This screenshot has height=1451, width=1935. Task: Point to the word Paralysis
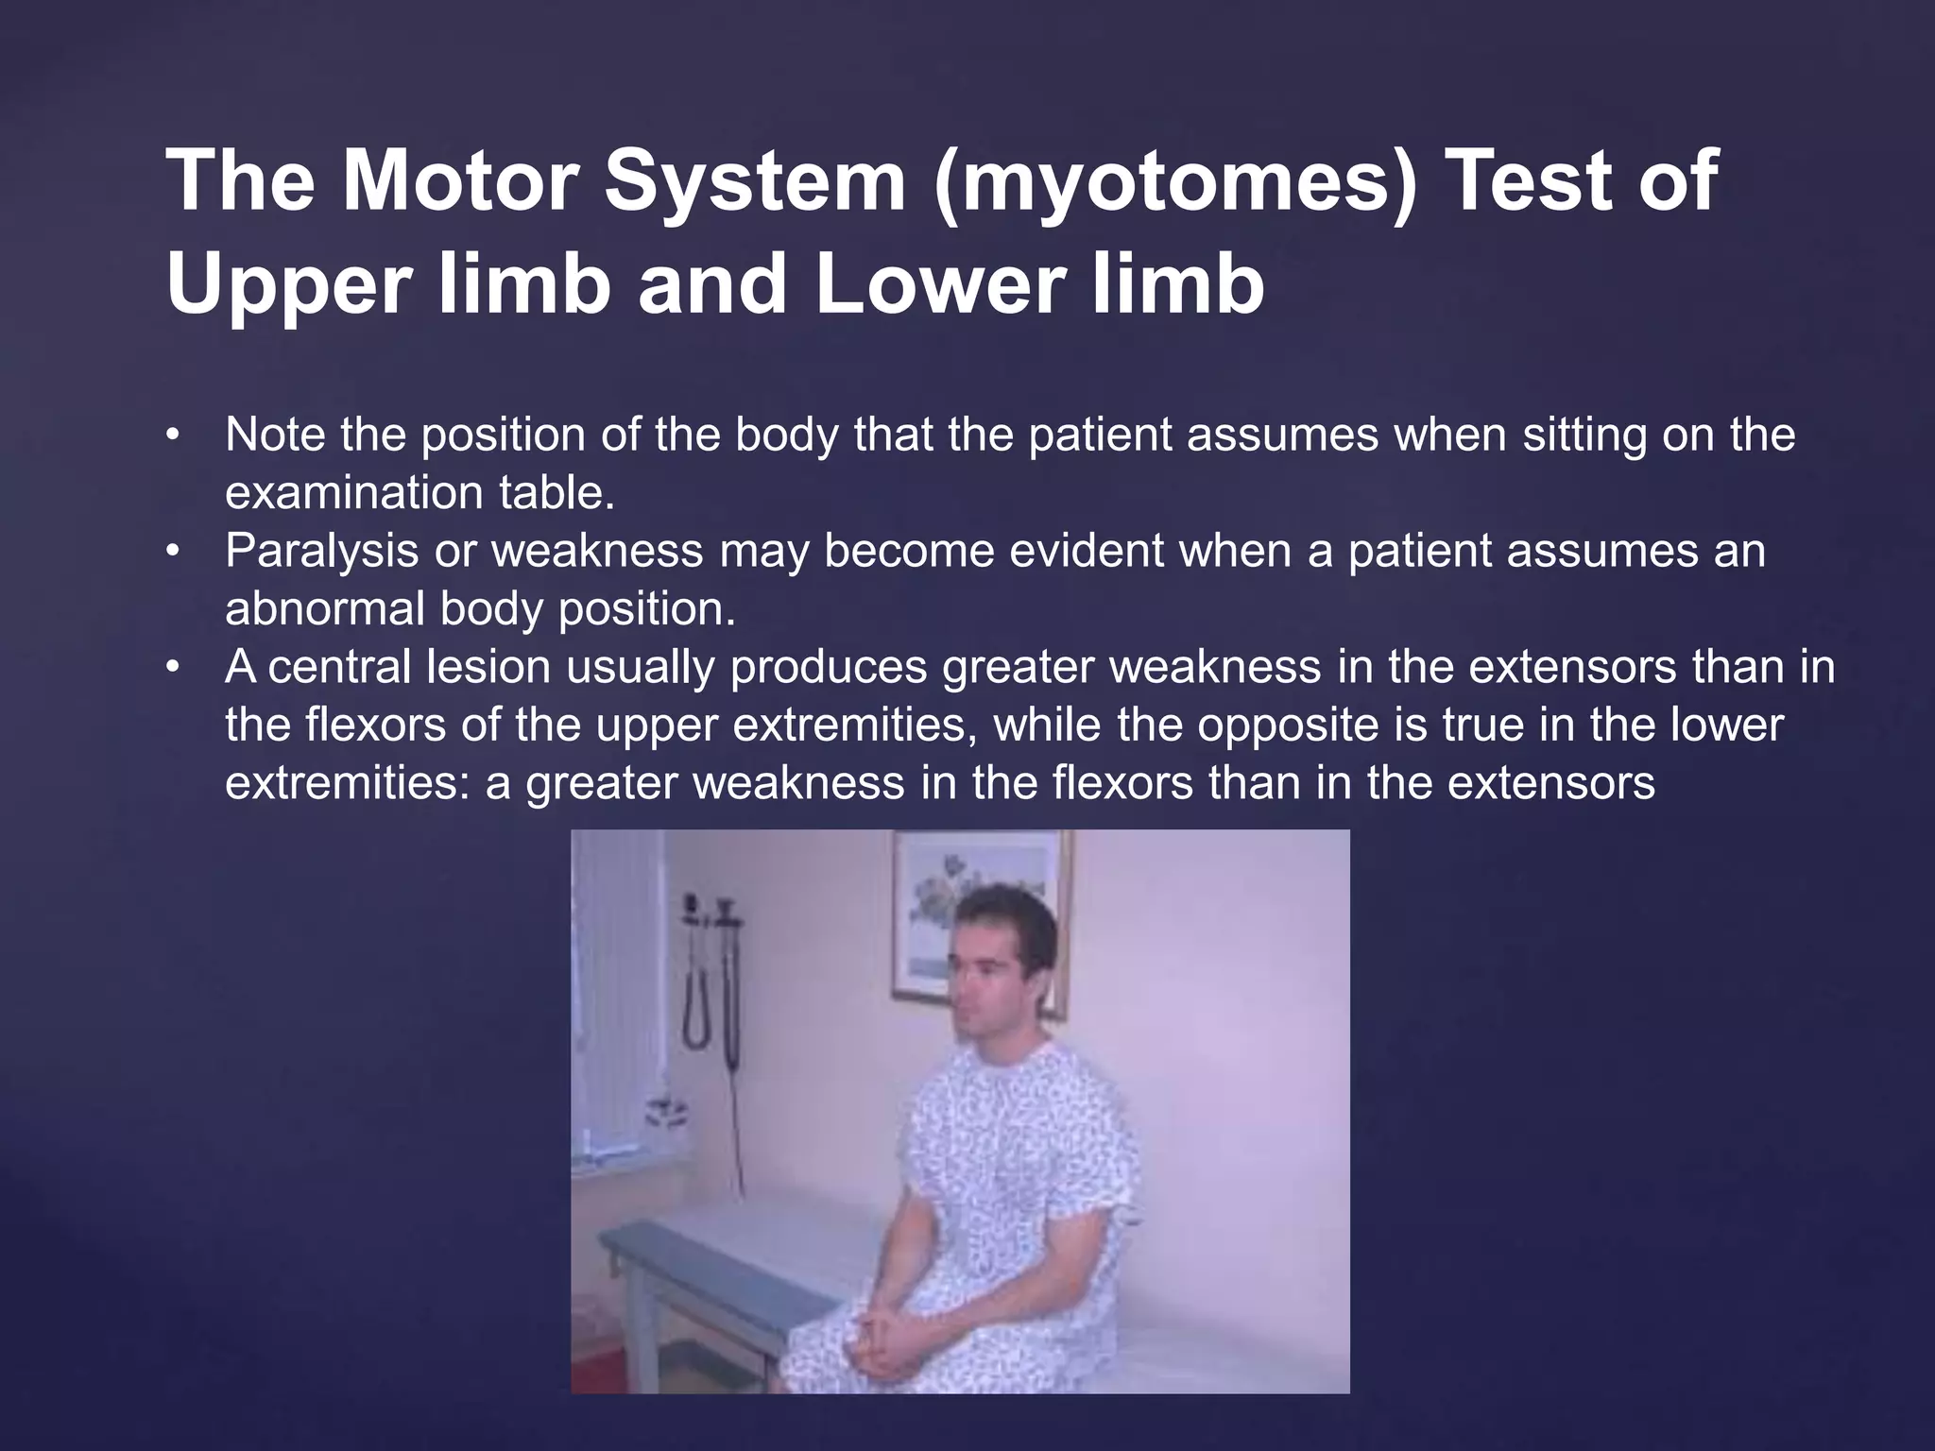click(x=321, y=551)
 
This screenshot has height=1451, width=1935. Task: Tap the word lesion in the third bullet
click(x=488, y=667)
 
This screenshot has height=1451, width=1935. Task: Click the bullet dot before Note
click(x=171, y=435)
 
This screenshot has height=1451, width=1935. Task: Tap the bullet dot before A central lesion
click(x=171, y=668)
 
